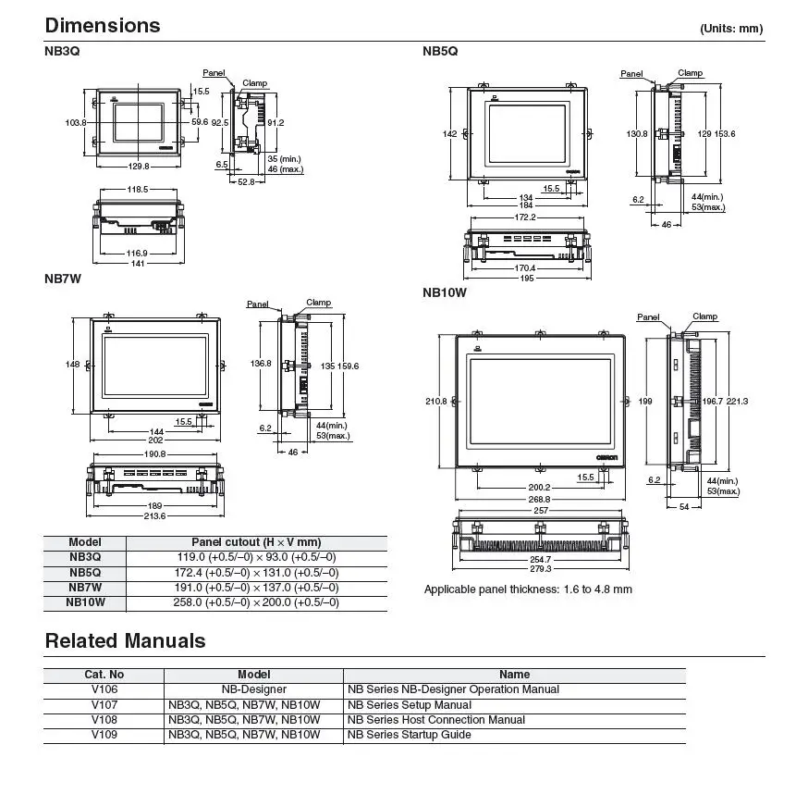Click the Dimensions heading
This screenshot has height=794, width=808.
pos(103,25)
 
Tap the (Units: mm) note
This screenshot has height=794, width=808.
pos(731,29)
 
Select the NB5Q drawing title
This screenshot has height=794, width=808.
pos(440,51)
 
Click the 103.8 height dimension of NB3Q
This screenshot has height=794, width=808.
pos(76,123)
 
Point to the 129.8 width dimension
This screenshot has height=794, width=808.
pos(139,167)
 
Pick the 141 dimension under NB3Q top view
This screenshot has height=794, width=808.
pos(138,263)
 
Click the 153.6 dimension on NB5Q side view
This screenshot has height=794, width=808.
pos(725,133)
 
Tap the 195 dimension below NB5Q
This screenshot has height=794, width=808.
pos(527,278)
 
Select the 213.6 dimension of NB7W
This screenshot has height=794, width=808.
pos(154,516)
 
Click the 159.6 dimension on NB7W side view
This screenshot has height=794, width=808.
pos(348,366)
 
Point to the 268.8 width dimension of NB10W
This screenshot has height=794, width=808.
pos(539,499)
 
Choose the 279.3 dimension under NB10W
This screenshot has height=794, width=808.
pos(541,568)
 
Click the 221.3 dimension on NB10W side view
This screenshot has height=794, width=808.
pos(737,401)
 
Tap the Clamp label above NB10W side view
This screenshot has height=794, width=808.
pos(705,316)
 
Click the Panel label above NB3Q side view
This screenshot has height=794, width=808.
pos(214,73)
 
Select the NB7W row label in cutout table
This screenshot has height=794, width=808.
pos(85,588)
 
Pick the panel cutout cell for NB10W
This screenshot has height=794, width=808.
pos(256,602)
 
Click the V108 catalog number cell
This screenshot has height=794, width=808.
pos(104,720)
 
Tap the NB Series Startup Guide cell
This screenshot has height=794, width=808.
pos(410,735)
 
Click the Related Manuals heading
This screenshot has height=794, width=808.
pos(125,640)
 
